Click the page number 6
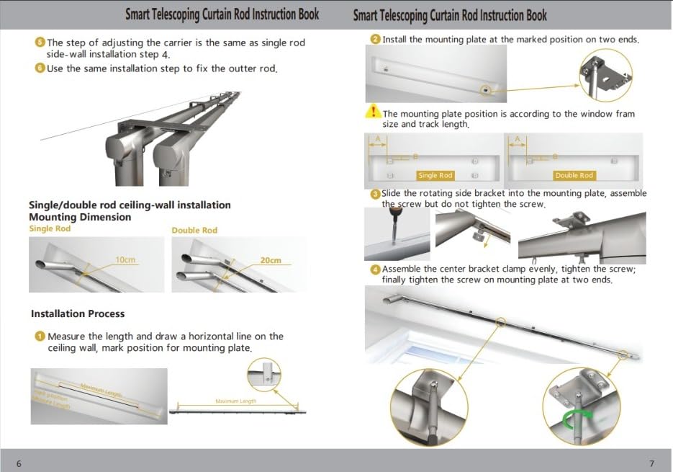click(19, 463)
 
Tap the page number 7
click(652, 463)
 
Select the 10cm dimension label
click(125, 259)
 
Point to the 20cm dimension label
click(271, 260)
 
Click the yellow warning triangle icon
click(373, 112)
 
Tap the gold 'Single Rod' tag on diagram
click(435, 175)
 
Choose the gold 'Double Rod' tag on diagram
click(574, 175)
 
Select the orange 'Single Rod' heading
click(50, 229)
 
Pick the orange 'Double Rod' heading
click(194, 230)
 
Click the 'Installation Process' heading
click(78, 314)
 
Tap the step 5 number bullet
click(40, 43)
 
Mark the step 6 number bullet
click(40, 68)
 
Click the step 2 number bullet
click(376, 40)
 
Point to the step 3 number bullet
click(376, 194)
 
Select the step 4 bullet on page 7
click(376, 270)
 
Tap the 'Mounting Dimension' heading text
click(80, 217)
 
